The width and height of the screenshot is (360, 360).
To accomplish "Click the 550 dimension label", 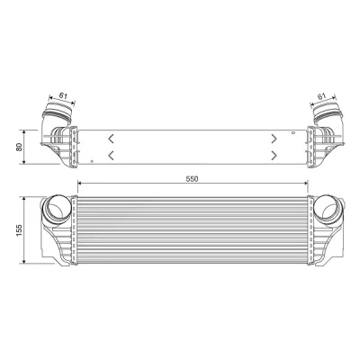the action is [192, 179].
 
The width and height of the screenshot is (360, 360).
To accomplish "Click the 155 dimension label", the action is [20, 230].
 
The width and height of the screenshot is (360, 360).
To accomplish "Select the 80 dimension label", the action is [20, 147].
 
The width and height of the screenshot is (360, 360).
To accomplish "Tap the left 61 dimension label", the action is [63, 95].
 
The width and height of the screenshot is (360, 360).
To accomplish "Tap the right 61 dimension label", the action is [321, 96].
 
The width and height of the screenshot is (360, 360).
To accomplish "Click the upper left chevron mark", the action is [111, 139].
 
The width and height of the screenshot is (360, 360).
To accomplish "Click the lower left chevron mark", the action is [111, 156].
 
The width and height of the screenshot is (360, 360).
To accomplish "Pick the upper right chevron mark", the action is [274, 139].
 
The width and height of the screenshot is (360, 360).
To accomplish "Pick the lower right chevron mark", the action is [274, 156].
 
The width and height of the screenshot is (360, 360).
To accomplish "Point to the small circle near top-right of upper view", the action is [293, 132].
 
